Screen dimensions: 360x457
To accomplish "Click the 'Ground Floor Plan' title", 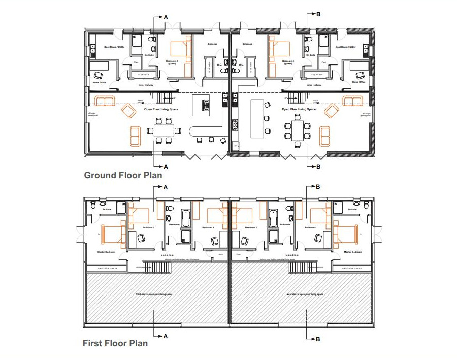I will tap(123, 176).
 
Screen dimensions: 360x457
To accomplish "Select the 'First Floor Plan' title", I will tap(115, 343).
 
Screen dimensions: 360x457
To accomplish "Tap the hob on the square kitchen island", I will tap(206, 106).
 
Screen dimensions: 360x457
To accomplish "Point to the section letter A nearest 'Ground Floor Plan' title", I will tap(165, 166).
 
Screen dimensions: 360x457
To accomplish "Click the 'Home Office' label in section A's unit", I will tap(99, 82).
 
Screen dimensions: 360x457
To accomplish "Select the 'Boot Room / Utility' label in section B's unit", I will tap(345, 47).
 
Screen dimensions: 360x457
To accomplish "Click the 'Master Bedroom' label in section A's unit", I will tap(106, 252).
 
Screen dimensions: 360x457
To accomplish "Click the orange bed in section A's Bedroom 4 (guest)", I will tap(179, 49).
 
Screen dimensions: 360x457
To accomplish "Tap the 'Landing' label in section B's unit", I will tap(292, 255).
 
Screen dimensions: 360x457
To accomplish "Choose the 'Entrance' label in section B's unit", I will tap(248, 44).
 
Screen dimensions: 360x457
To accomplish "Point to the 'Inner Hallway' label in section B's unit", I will tap(313, 85).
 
